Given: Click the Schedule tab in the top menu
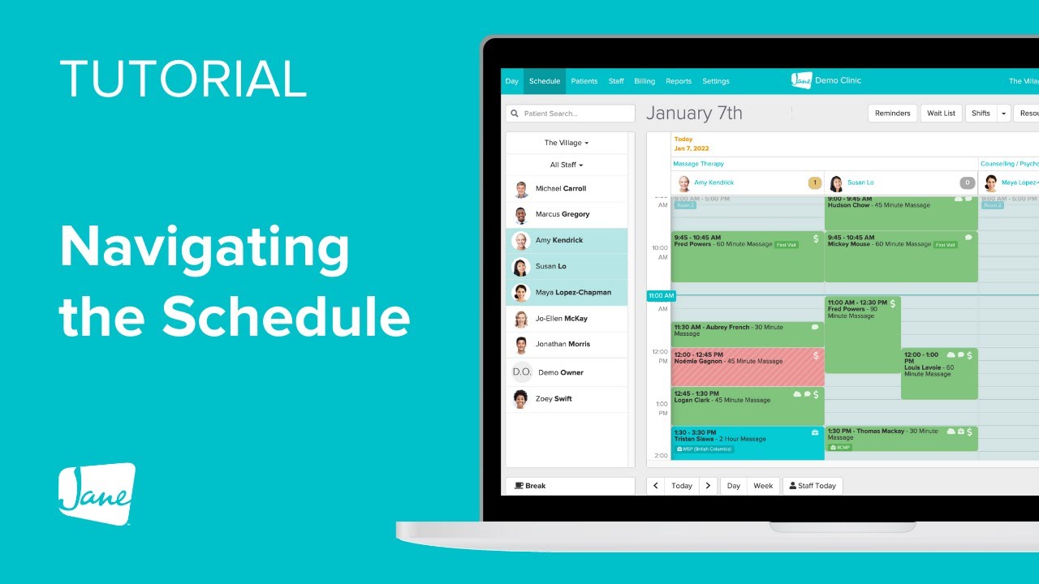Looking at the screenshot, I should [544, 81].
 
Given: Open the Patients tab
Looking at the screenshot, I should [584, 81].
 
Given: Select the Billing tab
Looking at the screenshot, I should [645, 81].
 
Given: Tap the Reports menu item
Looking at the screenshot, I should [679, 81].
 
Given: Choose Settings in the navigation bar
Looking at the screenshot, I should [715, 81].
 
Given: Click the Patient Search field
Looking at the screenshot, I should [571, 114].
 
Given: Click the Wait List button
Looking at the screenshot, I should [941, 114].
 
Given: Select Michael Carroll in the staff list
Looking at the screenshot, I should [560, 188].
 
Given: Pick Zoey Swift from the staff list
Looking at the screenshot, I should [554, 399].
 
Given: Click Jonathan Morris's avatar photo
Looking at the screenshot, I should [521, 345].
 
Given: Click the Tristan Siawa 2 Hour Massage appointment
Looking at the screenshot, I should [747, 443].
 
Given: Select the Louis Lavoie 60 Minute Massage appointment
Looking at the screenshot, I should [938, 373].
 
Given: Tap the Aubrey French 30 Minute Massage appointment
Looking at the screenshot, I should [747, 333].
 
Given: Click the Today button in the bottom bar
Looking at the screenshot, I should [682, 486].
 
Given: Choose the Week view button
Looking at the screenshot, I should [763, 486].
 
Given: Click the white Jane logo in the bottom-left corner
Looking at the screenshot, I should [97, 493].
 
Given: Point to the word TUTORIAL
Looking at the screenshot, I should [183, 79].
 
